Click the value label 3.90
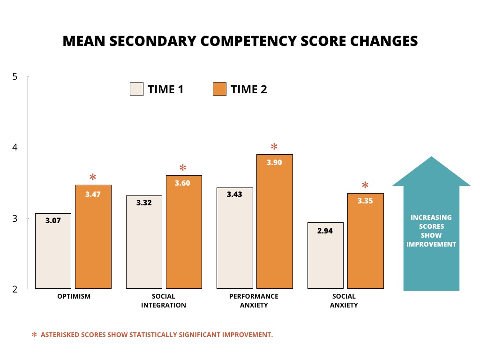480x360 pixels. pyautogui.click(x=274, y=163)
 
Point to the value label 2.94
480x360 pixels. pyautogui.click(x=325, y=231)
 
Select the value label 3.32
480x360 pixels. pyautogui.click(x=144, y=203)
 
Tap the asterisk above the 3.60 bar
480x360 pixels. pyautogui.click(x=183, y=168)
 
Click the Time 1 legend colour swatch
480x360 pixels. pyautogui.click(x=136, y=89)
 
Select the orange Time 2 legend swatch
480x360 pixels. pyautogui.click(x=219, y=89)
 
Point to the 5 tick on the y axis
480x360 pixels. pyautogui.click(x=15, y=76)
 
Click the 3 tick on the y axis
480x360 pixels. pyautogui.click(x=15, y=218)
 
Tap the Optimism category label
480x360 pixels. pyautogui.click(x=73, y=296)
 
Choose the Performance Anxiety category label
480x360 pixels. pyautogui.click(x=254, y=300)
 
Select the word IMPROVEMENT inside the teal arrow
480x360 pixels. pyautogui.click(x=431, y=244)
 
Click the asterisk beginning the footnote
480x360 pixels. pyautogui.click(x=34, y=335)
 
